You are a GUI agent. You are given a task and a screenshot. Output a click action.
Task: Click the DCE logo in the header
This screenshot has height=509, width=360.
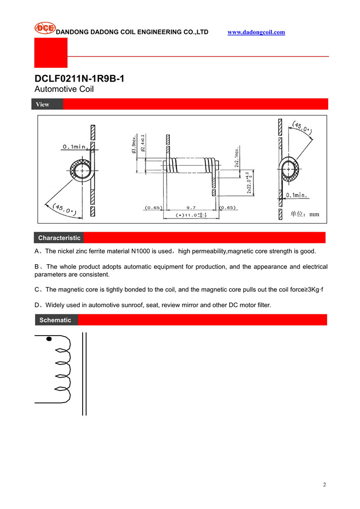45,28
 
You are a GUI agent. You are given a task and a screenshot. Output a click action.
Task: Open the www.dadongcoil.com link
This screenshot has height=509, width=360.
256,32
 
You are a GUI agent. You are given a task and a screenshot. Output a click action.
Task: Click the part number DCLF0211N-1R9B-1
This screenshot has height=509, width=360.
79,79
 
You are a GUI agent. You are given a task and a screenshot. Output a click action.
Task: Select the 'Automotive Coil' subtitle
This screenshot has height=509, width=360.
64,89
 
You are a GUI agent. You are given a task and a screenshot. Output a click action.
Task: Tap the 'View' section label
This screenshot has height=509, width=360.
43,104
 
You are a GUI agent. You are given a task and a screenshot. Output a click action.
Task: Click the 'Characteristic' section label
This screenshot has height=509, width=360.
59,238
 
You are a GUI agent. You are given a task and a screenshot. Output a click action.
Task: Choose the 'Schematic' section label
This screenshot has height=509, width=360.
55,320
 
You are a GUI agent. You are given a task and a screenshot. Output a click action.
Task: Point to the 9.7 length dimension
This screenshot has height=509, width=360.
191,208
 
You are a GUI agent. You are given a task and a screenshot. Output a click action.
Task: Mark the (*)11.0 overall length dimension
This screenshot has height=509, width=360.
191,215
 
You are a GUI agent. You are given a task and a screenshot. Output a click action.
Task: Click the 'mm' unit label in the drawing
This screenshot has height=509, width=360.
314,214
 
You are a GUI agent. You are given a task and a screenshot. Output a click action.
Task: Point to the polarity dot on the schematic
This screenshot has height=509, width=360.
49,339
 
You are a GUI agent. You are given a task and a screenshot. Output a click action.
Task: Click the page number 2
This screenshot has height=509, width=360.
325,485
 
